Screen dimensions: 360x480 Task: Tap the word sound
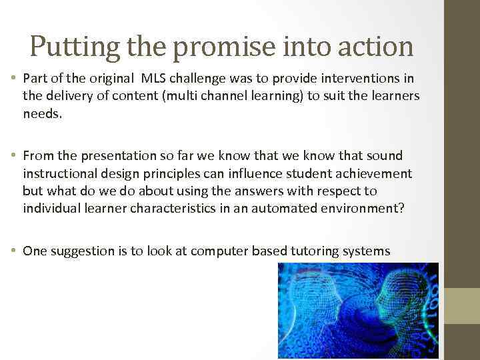[385, 156]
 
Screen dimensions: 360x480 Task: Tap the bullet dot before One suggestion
[16, 251]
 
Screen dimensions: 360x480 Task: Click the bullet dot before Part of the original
[16, 79]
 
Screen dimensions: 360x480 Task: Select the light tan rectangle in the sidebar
[462, 305]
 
